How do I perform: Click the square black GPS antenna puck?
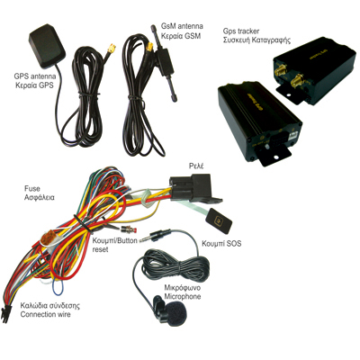(x=47, y=47)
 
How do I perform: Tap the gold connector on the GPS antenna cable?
(x=112, y=48)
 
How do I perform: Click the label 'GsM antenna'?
(x=182, y=26)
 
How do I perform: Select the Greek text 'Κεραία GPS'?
(x=34, y=85)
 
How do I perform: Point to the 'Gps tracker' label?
(x=241, y=31)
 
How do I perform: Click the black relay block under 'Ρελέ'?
(x=192, y=186)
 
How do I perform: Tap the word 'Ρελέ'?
(x=196, y=166)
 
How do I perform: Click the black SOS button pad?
(x=219, y=220)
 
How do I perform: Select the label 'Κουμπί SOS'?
(x=221, y=243)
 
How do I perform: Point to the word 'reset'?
(x=100, y=249)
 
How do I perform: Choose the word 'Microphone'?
(x=183, y=296)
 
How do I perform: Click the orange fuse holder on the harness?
(x=48, y=238)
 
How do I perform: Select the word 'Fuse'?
(x=31, y=189)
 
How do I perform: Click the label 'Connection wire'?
(x=46, y=314)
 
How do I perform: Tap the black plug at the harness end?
(x=4, y=314)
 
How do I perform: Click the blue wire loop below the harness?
(x=57, y=287)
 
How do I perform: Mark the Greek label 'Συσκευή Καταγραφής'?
(x=256, y=40)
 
